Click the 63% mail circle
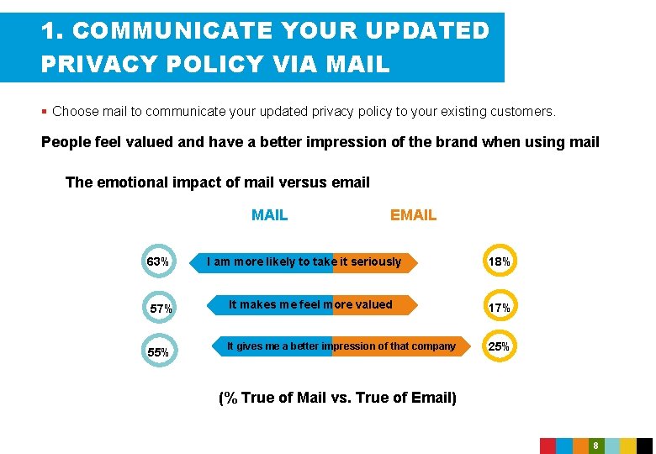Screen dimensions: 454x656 coord(158,261)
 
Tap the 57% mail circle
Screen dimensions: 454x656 coord(161,309)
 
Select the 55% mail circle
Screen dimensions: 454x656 coord(158,352)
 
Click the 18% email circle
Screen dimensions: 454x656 coord(500,261)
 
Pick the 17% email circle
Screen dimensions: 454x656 coord(500,308)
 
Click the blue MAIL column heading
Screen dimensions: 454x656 coord(269,215)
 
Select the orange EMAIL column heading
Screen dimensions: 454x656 coord(413,215)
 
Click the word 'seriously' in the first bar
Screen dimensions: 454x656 coord(376,261)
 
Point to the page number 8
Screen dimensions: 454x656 coord(595,446)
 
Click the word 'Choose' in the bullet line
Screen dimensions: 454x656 coord(74,111)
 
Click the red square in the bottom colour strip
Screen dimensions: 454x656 coord(548,446)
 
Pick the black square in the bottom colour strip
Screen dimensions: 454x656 coord(643,446)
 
